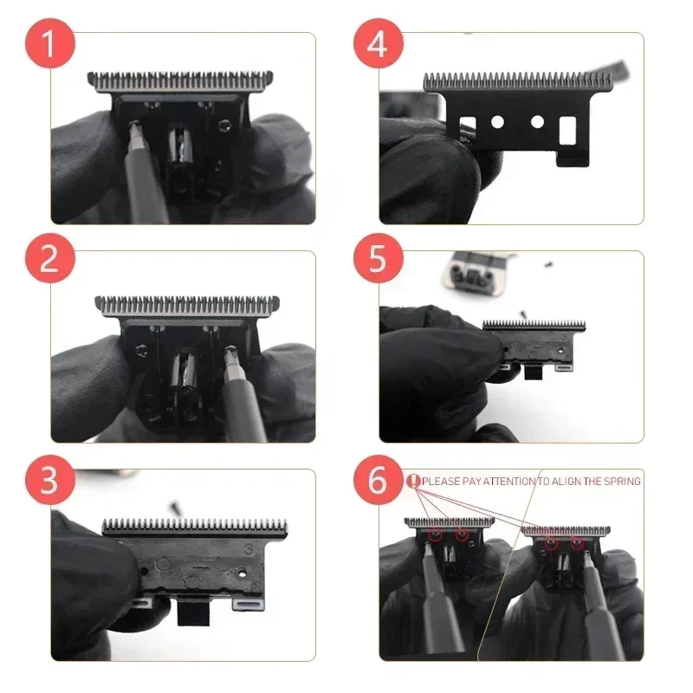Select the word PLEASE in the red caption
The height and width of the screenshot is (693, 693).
pos(441,481)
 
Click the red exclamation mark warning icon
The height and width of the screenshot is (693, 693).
pos(413,481)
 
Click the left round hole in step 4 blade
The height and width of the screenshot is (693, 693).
pos(498,122)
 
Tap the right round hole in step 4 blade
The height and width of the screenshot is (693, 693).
pos(537,122)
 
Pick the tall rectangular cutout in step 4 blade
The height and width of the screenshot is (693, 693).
pos(568,130)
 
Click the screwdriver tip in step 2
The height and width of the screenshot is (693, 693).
pos(231,353)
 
